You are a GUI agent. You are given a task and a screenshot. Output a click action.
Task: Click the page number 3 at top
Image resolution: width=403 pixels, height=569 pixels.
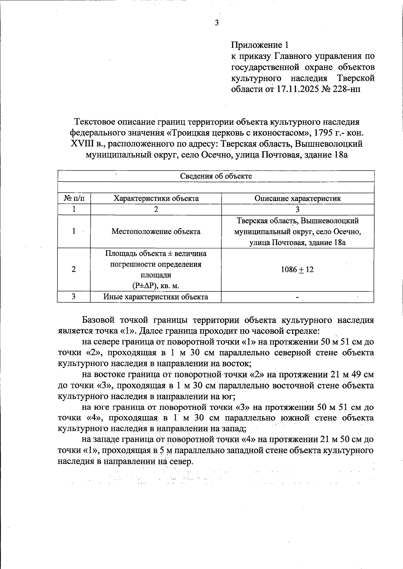217,23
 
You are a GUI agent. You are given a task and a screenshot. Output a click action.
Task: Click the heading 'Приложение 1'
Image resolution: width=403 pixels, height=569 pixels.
260,45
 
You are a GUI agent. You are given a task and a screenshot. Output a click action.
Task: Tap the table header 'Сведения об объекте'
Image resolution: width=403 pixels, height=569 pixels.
216,176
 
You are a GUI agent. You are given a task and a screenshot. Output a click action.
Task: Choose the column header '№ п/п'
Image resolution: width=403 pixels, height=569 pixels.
74,198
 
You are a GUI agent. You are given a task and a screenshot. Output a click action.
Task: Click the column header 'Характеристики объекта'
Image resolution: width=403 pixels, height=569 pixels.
156,198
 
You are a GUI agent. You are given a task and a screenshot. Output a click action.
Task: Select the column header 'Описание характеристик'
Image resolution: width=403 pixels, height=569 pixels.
298,198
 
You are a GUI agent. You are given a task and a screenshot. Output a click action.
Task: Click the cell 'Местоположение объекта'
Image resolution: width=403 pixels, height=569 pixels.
156,231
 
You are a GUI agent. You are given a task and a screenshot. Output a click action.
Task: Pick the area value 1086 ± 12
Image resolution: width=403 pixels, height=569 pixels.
297,269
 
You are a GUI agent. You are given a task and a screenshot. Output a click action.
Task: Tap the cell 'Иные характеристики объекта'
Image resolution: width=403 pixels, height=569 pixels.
155,297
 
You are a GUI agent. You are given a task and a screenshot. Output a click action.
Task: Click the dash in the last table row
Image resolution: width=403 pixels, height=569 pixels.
297,297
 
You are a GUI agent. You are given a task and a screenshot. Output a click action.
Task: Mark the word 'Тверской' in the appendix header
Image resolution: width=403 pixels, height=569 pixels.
355,78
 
